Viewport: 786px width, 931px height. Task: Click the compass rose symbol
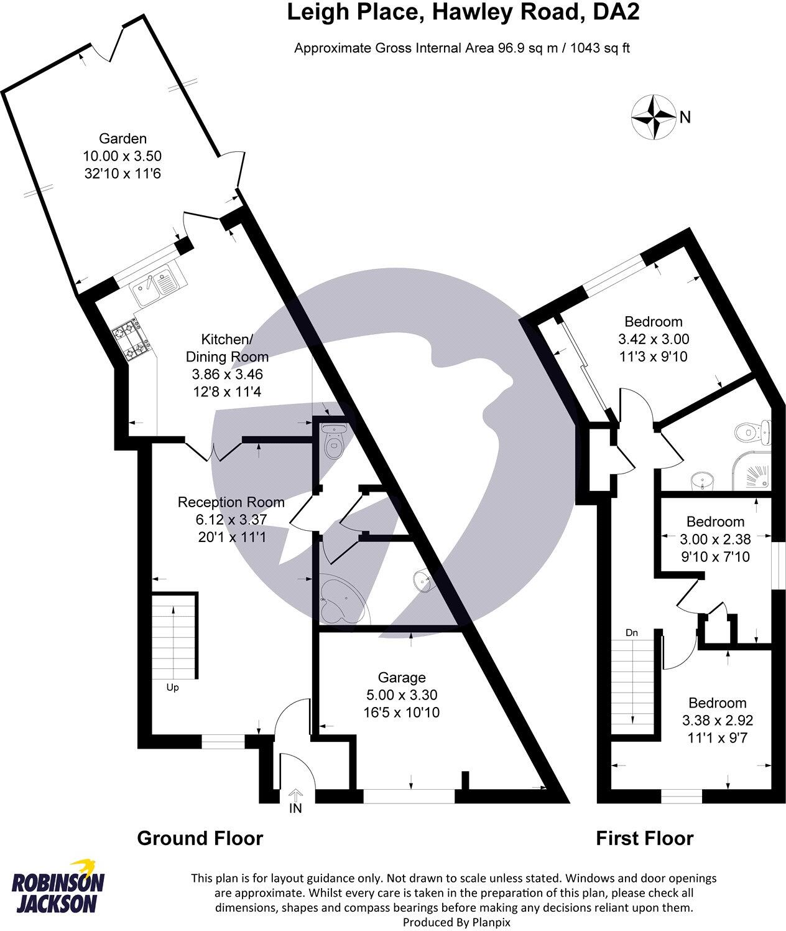653,116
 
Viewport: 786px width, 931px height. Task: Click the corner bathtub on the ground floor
339,602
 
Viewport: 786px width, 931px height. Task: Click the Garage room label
402,678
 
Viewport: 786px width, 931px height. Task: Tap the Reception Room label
231,502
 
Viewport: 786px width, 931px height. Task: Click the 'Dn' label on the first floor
632,633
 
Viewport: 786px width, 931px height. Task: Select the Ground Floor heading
200,838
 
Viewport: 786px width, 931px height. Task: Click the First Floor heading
644,838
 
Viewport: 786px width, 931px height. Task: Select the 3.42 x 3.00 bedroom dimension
653,340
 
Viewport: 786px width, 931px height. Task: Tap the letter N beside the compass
685,117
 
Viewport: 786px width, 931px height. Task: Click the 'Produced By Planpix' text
456,922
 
